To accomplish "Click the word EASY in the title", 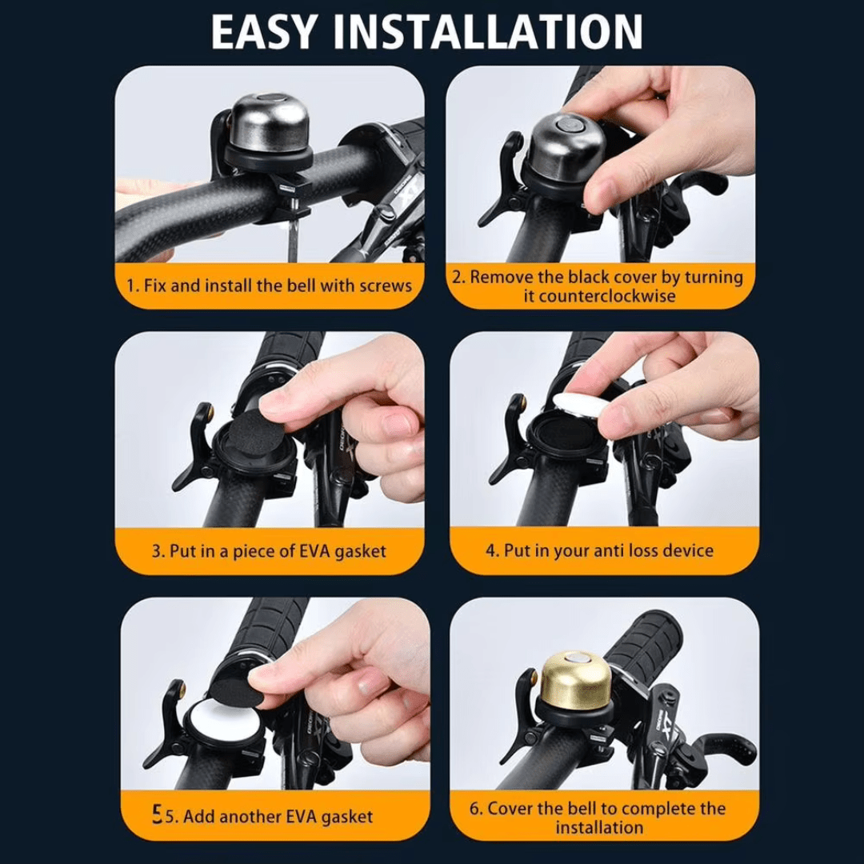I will pyautogui.click(x=265, y=33).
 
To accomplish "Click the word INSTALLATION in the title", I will pyautogui.click(x=489, y=33).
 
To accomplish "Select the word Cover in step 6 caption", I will pyautogui.click(x=511, y=808).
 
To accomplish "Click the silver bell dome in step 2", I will pyautogui.click(x=567, y=145).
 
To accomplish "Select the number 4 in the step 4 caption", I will pyautogui.click(x=491, y=551).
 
